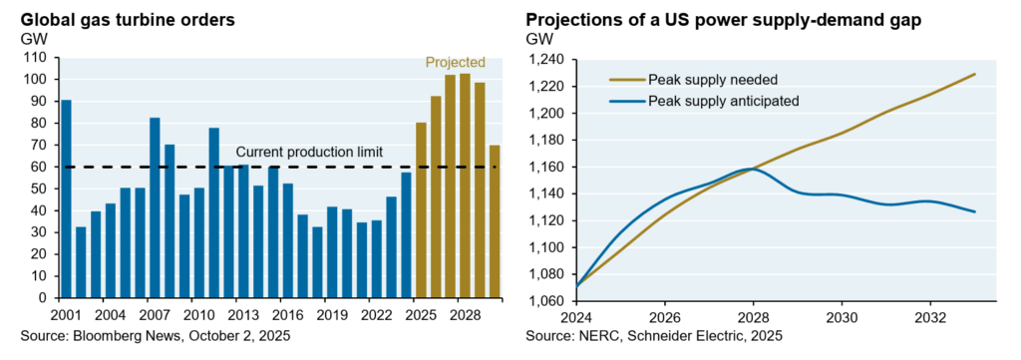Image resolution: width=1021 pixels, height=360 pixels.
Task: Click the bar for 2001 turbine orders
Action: (66, 198)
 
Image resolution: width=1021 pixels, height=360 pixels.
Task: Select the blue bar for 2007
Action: (155, 207)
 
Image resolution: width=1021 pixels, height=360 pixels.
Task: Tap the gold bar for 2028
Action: (465, 185)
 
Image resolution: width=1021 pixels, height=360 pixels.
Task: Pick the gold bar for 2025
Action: (421, 210)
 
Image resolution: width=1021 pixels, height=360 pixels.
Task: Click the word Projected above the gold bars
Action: (455, 63)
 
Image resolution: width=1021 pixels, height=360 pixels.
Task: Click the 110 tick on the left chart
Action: (36, 58)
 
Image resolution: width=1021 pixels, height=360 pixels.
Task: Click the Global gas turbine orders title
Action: (129, 20)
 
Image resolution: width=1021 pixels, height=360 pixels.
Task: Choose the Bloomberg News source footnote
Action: (155, 336)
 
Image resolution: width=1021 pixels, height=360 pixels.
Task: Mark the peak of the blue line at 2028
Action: (754, 169)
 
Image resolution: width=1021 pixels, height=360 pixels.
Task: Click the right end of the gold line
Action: (975, 74)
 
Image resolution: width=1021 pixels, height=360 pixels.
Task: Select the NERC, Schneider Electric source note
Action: (654, 336)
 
